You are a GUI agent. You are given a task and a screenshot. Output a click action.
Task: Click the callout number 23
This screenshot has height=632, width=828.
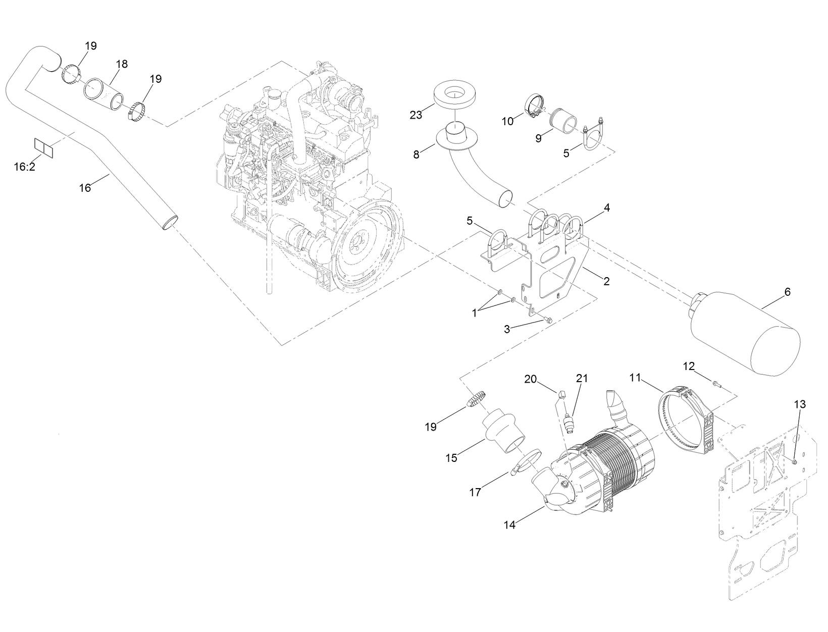(x=416, y=115)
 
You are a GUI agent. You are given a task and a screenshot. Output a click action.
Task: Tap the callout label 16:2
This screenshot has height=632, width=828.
(x=24, y=166)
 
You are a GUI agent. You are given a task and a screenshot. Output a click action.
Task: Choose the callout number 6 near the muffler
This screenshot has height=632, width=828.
(x=788, y=292)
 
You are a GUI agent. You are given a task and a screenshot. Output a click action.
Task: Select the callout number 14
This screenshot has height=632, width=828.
(x=509, y=525)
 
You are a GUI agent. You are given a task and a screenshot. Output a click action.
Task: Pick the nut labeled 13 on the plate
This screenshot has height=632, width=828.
(x=794, y=461)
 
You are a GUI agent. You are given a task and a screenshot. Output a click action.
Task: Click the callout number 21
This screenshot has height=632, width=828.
(x=582, y=378)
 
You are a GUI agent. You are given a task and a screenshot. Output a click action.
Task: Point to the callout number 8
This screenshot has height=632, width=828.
(x=416, y=154)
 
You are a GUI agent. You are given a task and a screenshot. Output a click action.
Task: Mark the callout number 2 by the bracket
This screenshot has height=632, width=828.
(x=606, y=281)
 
